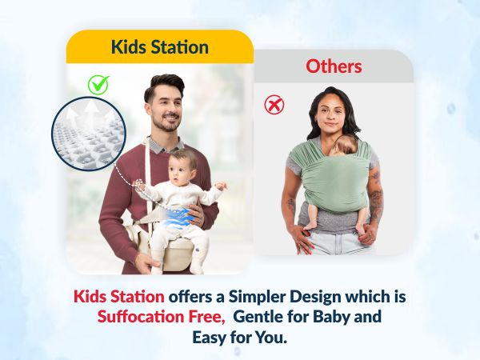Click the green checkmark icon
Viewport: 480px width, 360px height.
(x=98, y=84)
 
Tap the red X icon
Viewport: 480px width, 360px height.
(x=274, y=105)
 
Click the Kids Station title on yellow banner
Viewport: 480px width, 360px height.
(x=159, y=46)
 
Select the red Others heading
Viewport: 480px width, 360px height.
(x=334, y=65)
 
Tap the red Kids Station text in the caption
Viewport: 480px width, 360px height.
(x=118, y=296)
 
